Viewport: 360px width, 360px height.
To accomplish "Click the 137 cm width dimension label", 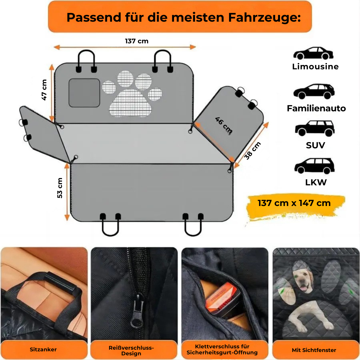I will (137, 41).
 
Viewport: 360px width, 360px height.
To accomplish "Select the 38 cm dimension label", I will (253, 151).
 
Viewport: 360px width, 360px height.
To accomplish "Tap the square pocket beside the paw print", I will (84, 93).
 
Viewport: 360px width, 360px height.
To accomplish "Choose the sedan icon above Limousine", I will (313, 53).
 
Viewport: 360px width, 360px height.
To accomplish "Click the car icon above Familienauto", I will (314, 91).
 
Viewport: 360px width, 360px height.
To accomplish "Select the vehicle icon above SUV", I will (314, 128).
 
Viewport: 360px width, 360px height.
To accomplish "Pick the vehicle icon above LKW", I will (314, 166).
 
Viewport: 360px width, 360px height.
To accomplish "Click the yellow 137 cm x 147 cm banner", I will (294, 203).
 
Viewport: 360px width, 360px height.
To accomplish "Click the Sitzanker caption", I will (43, 350).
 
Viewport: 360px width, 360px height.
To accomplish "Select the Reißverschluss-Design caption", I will (131, 350).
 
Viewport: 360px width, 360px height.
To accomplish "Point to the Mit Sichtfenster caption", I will (314, 350).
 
